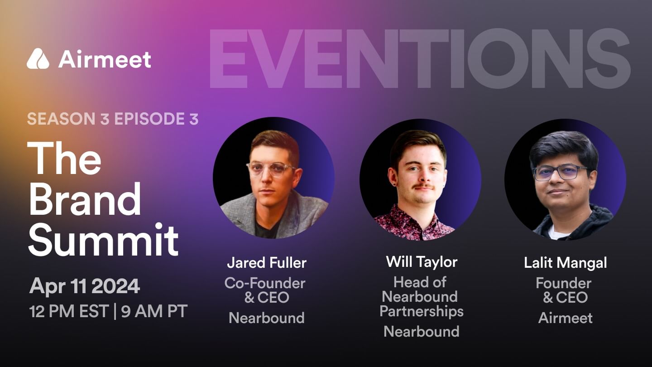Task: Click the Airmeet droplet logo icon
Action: pyautogui.click(x=38, y=59)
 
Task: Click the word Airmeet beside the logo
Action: pyautogui.click(x=105, y=59)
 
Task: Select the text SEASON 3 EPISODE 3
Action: pyautogui.click(x=113, y=119)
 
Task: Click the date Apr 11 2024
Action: pyautogui.click(x=85, y=286)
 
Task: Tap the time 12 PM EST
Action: pyautogui.click(x=69, y=311)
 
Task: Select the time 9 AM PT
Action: pyautogui.click(x=154, y=311)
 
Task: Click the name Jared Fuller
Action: pyautogui.click(x=267, y=262)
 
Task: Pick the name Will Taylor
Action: pyautogui.click(x=422, y=261)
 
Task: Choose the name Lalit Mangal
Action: pyautogui.click(x=565, y=262)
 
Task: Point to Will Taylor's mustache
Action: pyautogui.click(x=423, y=186)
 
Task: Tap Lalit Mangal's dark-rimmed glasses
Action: pyautogui.click(x=561, y=172)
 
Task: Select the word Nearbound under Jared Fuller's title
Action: pyautogui.click(x=266, y=318)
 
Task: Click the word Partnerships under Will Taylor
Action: pyautogui.click(x=421, y=311)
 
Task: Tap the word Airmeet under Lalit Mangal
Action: pyautogui.click(x=565, y=318)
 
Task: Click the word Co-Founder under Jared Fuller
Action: pyautogui.click(x=265, y=283)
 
